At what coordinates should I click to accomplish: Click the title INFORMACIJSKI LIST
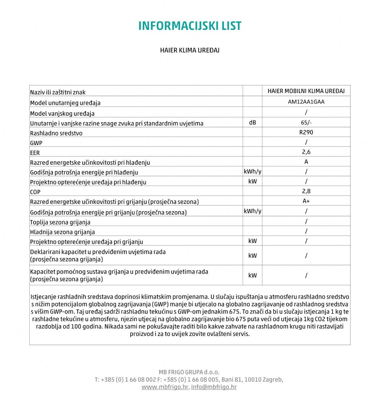(x=190, y=26)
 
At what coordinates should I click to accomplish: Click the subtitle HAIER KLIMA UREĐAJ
(x=190, y=50)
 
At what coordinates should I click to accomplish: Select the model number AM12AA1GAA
(x=306, y=102)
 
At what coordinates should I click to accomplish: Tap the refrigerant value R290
(x=306, y=132)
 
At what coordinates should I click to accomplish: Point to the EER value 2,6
(x=306, y=152)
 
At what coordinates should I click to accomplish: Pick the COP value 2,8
(x=306, y=191)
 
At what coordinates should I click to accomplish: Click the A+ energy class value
(x=306, y=201)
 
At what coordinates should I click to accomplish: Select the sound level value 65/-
(x=306, y=122)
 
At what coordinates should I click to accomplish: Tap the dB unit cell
(x=252, y=123)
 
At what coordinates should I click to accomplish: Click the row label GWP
(x=36, y=143)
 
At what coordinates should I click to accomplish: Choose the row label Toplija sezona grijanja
(x=60, y=222)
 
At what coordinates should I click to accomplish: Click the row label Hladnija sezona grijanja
(x=62, y=232)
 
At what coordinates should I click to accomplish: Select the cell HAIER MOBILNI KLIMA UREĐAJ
(x=306, y=91)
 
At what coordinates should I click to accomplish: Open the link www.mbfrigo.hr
(x=165, y=387)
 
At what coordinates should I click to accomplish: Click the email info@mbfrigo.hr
(x=214, y=387)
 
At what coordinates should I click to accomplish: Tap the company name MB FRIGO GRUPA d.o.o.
(x=189, y=372)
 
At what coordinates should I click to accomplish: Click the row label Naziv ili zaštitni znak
(x=58, y=92)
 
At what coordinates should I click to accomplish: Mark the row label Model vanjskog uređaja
(x=62, y=114)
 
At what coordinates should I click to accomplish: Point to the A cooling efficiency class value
(x=306, y=162)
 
